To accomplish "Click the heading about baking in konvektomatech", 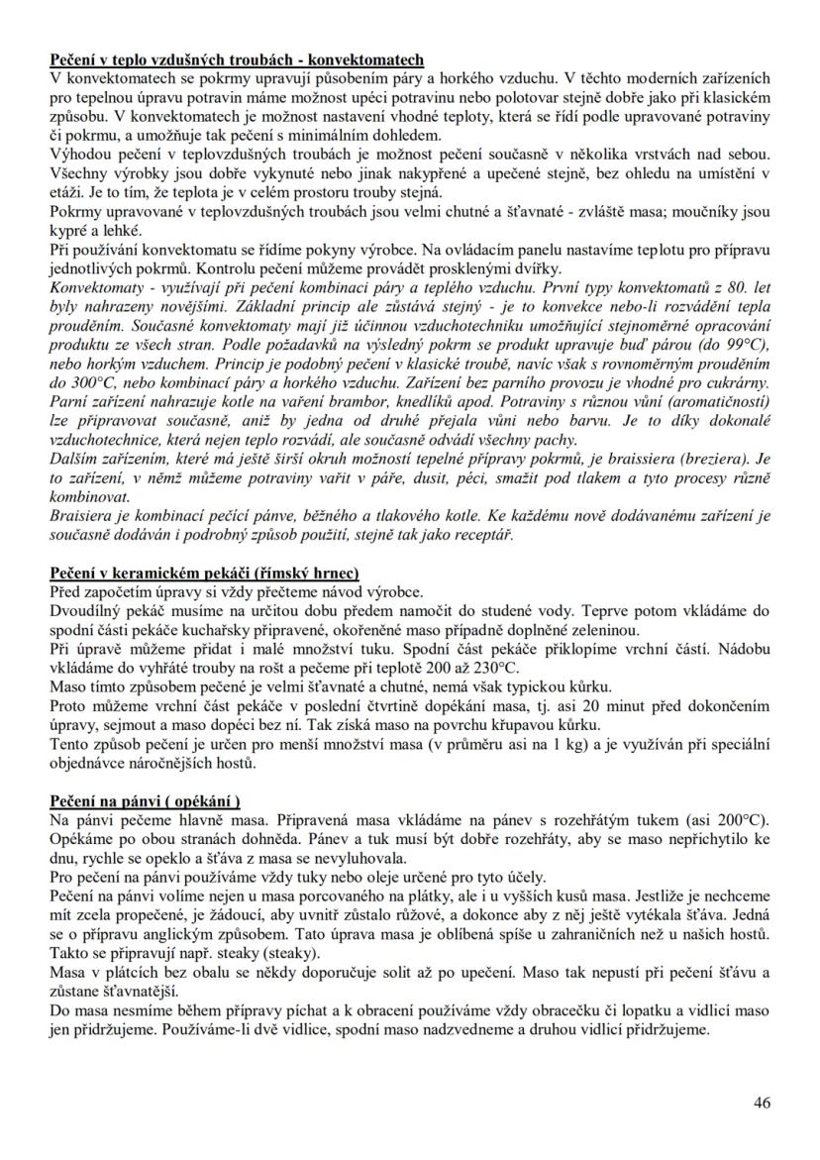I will pyautogui.click(x=238, y=58).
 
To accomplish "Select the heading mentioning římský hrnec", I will pyautogui.click(x=204, y=573).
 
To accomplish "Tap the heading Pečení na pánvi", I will pyautogui.click(x=146, y=800).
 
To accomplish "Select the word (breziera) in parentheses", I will pyautogui.click(x=722, y=460).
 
